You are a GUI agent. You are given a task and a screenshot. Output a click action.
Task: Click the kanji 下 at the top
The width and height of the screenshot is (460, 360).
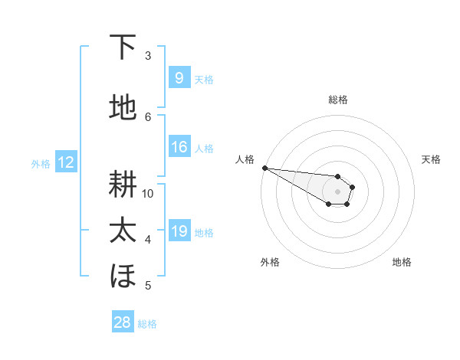tap(123, 47)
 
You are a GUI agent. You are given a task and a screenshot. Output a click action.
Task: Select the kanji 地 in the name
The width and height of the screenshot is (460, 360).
tap(123, 109)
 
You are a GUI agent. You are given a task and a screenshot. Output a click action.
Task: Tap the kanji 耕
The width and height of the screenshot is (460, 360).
tap(123, 185)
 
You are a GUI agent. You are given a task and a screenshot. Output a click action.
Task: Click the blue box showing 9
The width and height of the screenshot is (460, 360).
tap(179, 78)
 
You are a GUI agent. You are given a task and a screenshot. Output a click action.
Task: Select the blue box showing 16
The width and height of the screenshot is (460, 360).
tap(179, 147)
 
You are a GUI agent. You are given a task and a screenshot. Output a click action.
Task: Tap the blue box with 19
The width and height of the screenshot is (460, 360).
tap(179, 231)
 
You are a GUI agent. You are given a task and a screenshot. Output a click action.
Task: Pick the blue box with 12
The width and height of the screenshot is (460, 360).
tap(65, 162)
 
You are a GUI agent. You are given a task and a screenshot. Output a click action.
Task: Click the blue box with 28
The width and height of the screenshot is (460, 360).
tap(123, 322)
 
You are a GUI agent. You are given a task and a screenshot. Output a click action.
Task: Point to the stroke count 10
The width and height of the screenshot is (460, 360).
tap(148, 194)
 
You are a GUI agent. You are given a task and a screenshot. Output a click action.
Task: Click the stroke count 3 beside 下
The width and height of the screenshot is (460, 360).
tap(148, 56)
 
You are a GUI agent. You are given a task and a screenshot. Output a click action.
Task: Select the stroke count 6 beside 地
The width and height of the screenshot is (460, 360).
tap(148, 117)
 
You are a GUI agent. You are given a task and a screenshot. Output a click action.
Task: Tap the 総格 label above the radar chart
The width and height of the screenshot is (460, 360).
tap(337, 100)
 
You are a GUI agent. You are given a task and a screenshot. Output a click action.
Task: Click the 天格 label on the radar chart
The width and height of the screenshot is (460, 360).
tap(431, 159)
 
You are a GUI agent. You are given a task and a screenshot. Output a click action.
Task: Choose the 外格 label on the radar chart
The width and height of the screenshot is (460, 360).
tap(270, 262)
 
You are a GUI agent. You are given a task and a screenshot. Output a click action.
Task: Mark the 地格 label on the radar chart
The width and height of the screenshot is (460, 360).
tap(402, 262)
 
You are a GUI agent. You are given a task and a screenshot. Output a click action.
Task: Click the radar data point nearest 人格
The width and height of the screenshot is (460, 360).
tap(264, 168)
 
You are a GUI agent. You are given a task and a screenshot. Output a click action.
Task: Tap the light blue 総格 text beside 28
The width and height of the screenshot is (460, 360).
tap(147, 324)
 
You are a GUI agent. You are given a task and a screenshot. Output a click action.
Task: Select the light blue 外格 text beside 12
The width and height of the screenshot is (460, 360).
tap(40, 163)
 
